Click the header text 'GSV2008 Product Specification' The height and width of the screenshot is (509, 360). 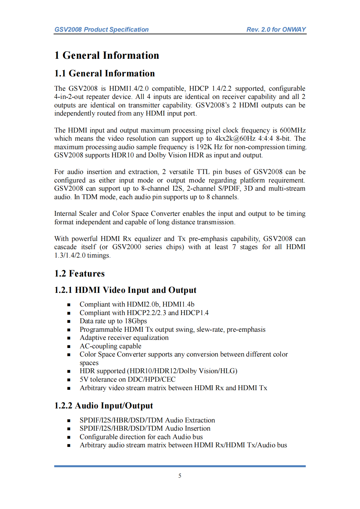101,29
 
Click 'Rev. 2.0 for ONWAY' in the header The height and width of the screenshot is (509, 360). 276,29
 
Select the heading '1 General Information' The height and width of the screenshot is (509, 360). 106,55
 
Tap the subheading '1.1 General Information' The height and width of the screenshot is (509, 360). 105,73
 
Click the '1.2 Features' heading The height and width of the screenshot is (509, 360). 79,274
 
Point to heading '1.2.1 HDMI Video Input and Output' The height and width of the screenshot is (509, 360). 125,290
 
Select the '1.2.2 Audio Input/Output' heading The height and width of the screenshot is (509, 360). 104,406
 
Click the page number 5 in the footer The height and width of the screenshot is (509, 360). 180,476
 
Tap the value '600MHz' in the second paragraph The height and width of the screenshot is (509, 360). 293,130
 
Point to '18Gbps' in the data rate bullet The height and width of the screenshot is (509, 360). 136,321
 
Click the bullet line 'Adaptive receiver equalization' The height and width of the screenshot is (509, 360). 124,338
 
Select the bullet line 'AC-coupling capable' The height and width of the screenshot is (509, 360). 110,346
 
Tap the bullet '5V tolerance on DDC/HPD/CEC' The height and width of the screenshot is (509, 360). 127,379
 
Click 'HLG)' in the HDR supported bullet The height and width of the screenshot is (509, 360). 229,371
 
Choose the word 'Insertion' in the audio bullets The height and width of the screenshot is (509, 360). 197,428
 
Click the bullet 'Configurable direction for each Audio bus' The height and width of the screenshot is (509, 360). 141,437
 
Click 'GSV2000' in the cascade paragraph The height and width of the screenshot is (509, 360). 127,247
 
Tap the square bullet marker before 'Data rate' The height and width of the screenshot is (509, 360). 69,321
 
